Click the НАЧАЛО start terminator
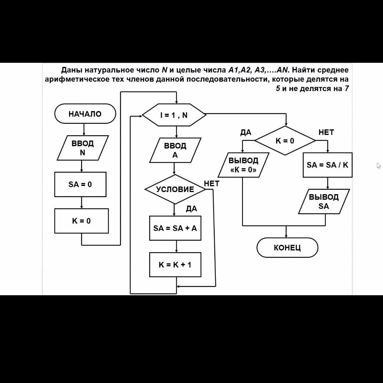tap(85, 114)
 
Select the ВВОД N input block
tap(83, 148)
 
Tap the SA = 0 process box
tap(80, 184)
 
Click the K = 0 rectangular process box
tap(81, 221)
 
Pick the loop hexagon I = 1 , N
tap(174, 115)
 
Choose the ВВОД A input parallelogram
tap(175, 150)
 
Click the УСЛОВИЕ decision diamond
tap(175, 189)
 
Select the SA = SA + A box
tap(175, 228)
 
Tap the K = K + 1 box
tap(175, 264)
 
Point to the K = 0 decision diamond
tap(285, 141)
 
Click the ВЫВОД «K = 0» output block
tap(243, 165)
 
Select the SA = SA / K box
tap(327, 165)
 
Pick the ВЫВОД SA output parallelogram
tap(324, 201)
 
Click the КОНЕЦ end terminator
tap(287, 247)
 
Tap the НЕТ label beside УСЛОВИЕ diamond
tap(211, 183)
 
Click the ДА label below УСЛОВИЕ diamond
tap(191, 209)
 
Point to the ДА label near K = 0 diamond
tap(246, 133)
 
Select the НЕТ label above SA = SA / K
tap(326, 133)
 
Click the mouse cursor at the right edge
tap(379, 166)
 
